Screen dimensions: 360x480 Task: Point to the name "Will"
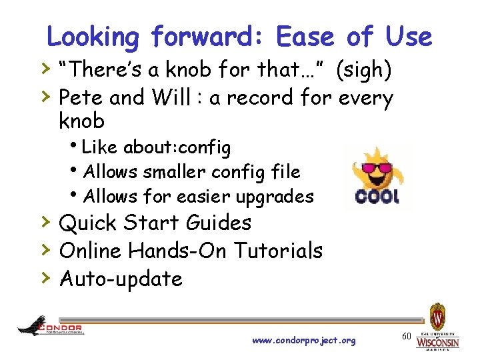[x=175, y=98]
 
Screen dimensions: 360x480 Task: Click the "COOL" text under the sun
[x=377, y=197]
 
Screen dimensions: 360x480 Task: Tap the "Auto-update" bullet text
[x=121, y=279]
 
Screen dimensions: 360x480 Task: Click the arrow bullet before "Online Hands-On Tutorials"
[x=45, y=249]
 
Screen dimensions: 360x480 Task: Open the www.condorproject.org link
[x=304, y=341]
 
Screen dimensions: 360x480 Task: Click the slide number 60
[x=406, y=337]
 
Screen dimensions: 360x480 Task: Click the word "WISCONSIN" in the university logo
[x=437, y=343]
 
